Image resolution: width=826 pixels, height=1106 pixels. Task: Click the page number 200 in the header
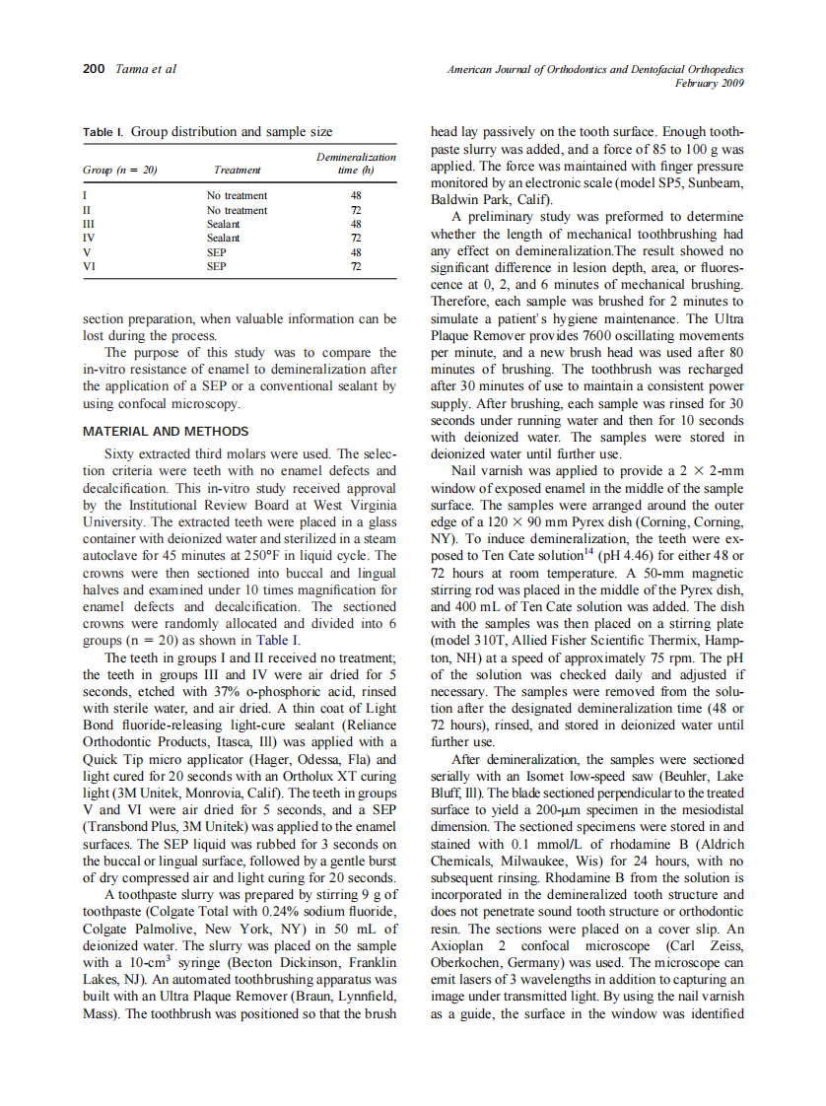click(93, 69)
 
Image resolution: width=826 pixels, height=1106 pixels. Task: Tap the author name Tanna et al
click(146, 69)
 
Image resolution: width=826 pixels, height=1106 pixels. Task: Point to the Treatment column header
click(238, 170)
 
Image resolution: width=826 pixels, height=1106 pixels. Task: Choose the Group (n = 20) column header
click(120, 170)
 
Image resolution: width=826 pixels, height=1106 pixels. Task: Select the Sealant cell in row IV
click(223, 239)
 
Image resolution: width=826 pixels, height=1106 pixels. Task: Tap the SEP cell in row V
click(217, 252)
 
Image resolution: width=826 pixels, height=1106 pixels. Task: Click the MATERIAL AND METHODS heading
click(166, 432)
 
